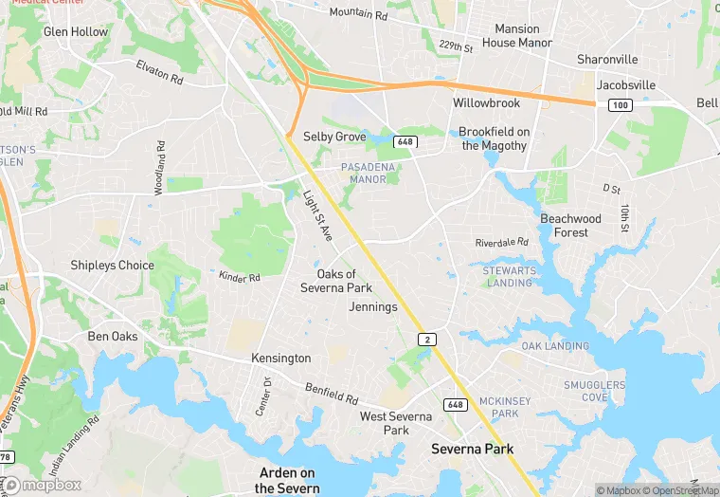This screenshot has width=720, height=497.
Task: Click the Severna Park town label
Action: [472, 448]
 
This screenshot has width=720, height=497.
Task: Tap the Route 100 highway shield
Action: [620, 104]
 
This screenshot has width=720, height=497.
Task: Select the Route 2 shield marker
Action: [429, 339]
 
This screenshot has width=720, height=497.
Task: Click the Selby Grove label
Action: [334, 137]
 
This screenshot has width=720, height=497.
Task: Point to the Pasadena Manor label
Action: [364, 173]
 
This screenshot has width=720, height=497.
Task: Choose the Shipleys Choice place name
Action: [112, 266]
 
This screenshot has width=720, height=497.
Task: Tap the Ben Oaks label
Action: [113, 337]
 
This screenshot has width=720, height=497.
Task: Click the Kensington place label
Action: [280, 359]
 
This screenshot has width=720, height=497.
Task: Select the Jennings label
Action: [373, 307]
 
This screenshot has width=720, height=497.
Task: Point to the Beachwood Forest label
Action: [570, 226]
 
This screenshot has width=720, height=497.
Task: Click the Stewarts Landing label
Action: [508, 277]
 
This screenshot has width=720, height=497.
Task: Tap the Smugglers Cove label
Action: [594, 391]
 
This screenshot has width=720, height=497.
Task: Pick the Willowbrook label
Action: [486, 101]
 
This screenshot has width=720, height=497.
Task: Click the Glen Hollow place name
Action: [76, 32]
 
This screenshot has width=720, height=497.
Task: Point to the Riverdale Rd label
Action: [501, 243]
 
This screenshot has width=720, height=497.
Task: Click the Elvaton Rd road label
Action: [159, 72]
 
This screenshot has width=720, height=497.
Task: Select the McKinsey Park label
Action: [498, 408]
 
